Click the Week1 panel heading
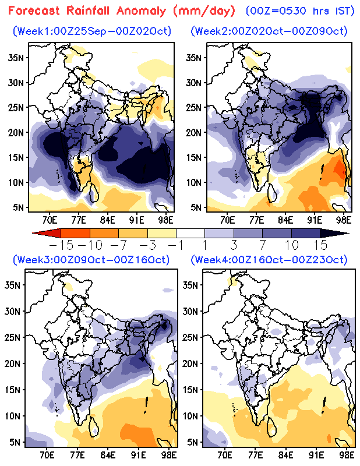point(92,31)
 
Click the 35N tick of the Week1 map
point(16,57)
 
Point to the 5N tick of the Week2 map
point(193,207)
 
